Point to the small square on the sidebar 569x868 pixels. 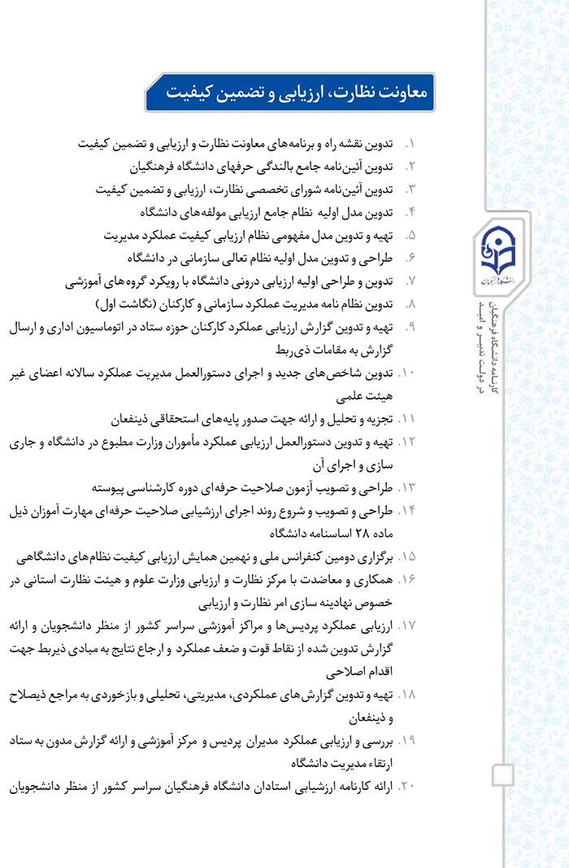[504, 774]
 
